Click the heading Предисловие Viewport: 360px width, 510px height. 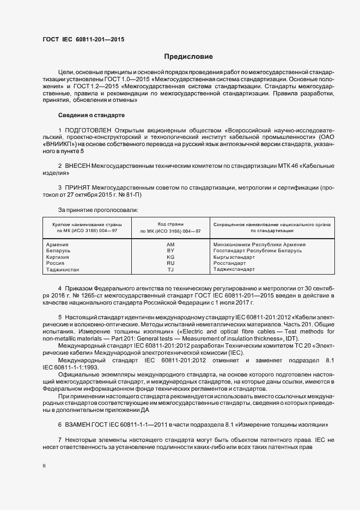(x=188, y=57)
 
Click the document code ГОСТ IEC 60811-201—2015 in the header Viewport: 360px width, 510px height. (x=83, y=40)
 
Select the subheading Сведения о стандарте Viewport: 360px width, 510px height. (x=91, y=115)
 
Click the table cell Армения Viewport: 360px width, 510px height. (x=58, y=245)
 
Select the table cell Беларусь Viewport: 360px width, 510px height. (x=59, y=251)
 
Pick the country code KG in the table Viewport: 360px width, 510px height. (x=170, y=257)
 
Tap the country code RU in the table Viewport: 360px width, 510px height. (x=170, y=263)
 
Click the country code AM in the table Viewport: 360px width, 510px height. (x=170, y=245)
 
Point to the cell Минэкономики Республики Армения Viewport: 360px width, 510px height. (x=259, y=245)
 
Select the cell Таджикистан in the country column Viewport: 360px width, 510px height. (x=63, y=269)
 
